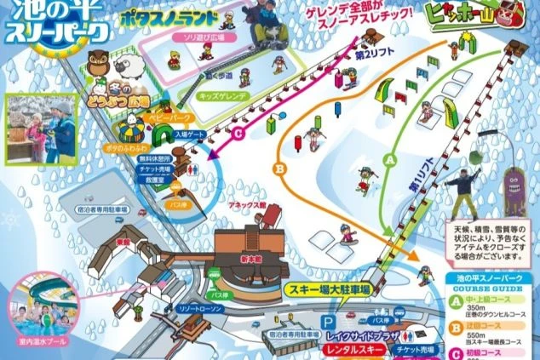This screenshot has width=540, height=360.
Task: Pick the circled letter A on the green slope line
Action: tap(392, 158)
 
